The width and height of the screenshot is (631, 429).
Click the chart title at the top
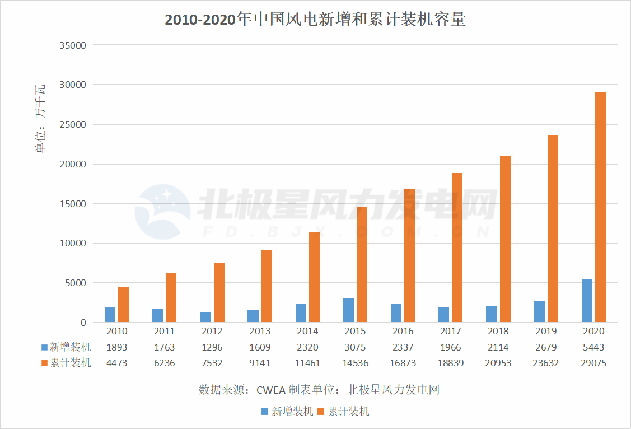315,20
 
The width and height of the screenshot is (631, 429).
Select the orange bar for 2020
600,207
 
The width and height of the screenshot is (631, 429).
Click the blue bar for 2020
587,301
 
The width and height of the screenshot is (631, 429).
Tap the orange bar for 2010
123,305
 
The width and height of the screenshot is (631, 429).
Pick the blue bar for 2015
348,310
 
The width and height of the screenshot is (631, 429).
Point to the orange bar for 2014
314,277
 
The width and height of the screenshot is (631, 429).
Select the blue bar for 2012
205,317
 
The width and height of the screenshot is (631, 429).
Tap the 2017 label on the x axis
451,332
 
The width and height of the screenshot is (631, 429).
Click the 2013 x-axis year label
260,332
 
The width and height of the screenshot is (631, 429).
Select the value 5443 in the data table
593,347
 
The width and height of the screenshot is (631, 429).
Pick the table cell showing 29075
593,363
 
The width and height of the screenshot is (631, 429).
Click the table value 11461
307,363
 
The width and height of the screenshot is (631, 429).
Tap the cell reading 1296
212,347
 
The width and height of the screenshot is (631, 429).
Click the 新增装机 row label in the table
70,347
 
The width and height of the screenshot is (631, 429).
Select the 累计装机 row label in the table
70,363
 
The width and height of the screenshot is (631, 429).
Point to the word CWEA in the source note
271,390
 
